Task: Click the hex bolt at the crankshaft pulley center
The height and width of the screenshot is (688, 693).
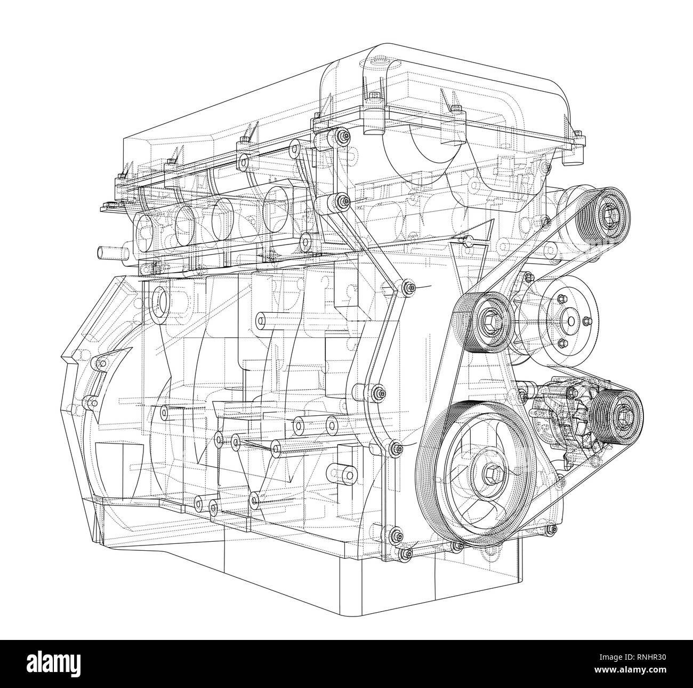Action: point(491,472)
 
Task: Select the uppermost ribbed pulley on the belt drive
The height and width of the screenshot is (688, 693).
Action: point(608,214)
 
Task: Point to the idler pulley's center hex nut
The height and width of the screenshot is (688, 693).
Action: point(487,323)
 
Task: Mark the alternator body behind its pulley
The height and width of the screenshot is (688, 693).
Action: point(565,416)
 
